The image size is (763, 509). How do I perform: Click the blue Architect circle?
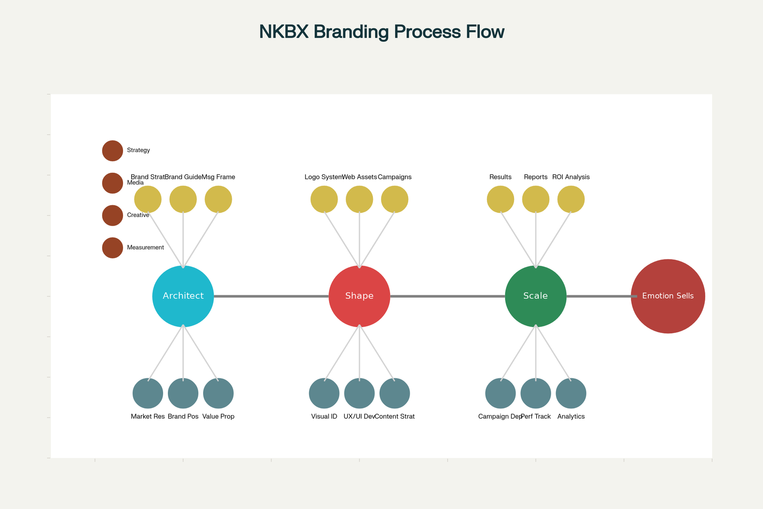tap(183, 296)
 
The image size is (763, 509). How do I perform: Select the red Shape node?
tap(360, 296)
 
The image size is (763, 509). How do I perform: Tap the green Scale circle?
tap(536, 296)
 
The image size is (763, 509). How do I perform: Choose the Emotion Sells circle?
tap(668, 296)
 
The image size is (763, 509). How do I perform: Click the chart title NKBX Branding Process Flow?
tap(381, 32)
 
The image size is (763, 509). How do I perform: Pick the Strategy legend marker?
tap(113, 151)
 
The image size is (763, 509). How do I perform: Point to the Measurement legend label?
tap(145, 248)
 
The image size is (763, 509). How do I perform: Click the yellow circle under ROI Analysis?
tap(571, 199)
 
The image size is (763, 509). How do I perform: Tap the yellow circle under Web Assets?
tap(360, 199)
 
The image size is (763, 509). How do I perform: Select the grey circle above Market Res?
tap(148, 394)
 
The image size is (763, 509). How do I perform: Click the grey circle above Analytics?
tap(571, 394)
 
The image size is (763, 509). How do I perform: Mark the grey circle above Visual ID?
tap(324, 394)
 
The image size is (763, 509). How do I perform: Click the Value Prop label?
tap(218, 416)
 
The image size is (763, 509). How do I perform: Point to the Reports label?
tap(536, 177)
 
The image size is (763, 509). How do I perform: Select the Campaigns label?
tap(395, 177)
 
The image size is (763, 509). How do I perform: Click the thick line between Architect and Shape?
tap(271, 296)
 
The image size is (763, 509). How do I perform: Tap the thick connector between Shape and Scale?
tap(447, 296)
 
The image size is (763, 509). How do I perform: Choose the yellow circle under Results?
tap(501, 199)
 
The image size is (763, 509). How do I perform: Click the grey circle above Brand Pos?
tap(183, 394)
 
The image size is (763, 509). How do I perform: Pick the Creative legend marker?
tap(113, 216)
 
